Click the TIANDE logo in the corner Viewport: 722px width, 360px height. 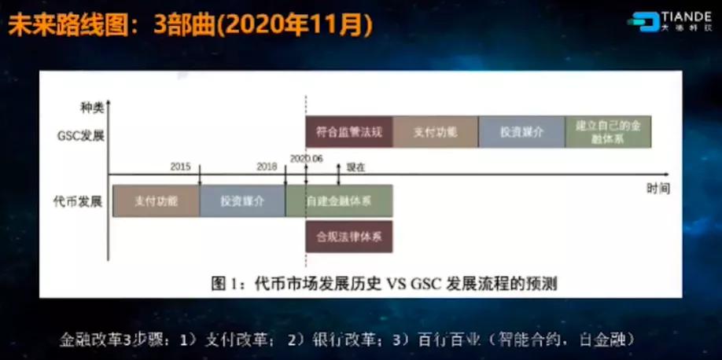coord(669,21)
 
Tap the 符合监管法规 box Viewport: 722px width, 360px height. coord(348,132)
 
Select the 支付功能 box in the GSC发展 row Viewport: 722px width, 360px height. coord(434,132)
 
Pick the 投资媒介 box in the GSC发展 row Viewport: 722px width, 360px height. coord(521,132)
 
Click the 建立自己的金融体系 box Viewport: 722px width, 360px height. coord(607,132)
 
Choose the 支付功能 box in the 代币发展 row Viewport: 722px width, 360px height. coord(156,201)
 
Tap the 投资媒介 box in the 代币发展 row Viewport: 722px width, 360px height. coord(242,201)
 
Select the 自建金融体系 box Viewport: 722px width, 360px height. coord(339,201)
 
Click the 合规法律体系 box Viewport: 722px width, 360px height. coord(348,236)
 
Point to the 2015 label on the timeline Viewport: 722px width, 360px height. coord(181,167)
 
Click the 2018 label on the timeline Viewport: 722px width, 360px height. coord(267,167)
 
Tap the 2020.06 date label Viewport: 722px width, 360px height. coord(306,158)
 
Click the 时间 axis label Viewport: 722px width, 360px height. coord(658,189)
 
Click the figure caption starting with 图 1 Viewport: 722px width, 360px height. coord(384,282)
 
